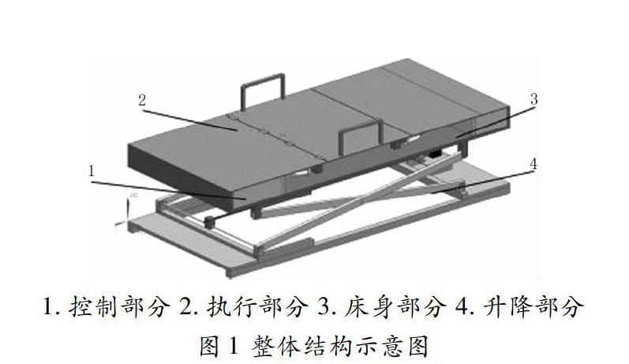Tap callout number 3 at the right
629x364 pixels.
pyautogui.click(x=534, y=100)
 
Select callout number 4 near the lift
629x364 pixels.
pyautogui.click(x=534, y=164)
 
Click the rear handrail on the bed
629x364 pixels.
pyautogui.click(x=263, y=86)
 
